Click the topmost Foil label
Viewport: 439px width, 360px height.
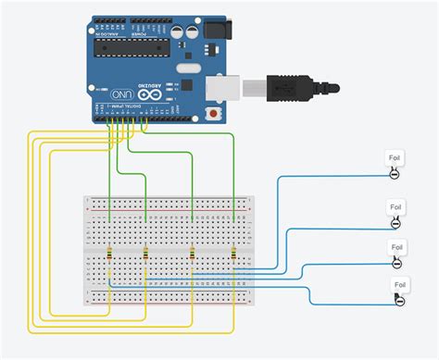(x=394, y=159)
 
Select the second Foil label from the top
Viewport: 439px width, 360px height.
(x=395, y=206)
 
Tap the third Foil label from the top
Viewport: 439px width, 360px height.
(x=395, y=247)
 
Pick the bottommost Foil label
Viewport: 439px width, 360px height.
(x=399, y=285)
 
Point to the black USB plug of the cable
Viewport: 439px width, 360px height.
(x=296, y=88)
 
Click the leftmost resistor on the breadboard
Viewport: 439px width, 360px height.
(x=110, y=254)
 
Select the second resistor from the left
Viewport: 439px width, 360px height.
(x=145, y=254)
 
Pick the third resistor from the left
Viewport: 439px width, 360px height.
(x=192, y=254)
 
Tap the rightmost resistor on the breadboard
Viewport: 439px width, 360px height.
(x=233, y=254)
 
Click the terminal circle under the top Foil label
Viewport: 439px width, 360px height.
(x=394, y=173)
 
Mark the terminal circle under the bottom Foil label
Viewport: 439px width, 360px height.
(x=399, y=300)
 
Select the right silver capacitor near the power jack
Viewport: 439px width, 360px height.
(x=191, y=31)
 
